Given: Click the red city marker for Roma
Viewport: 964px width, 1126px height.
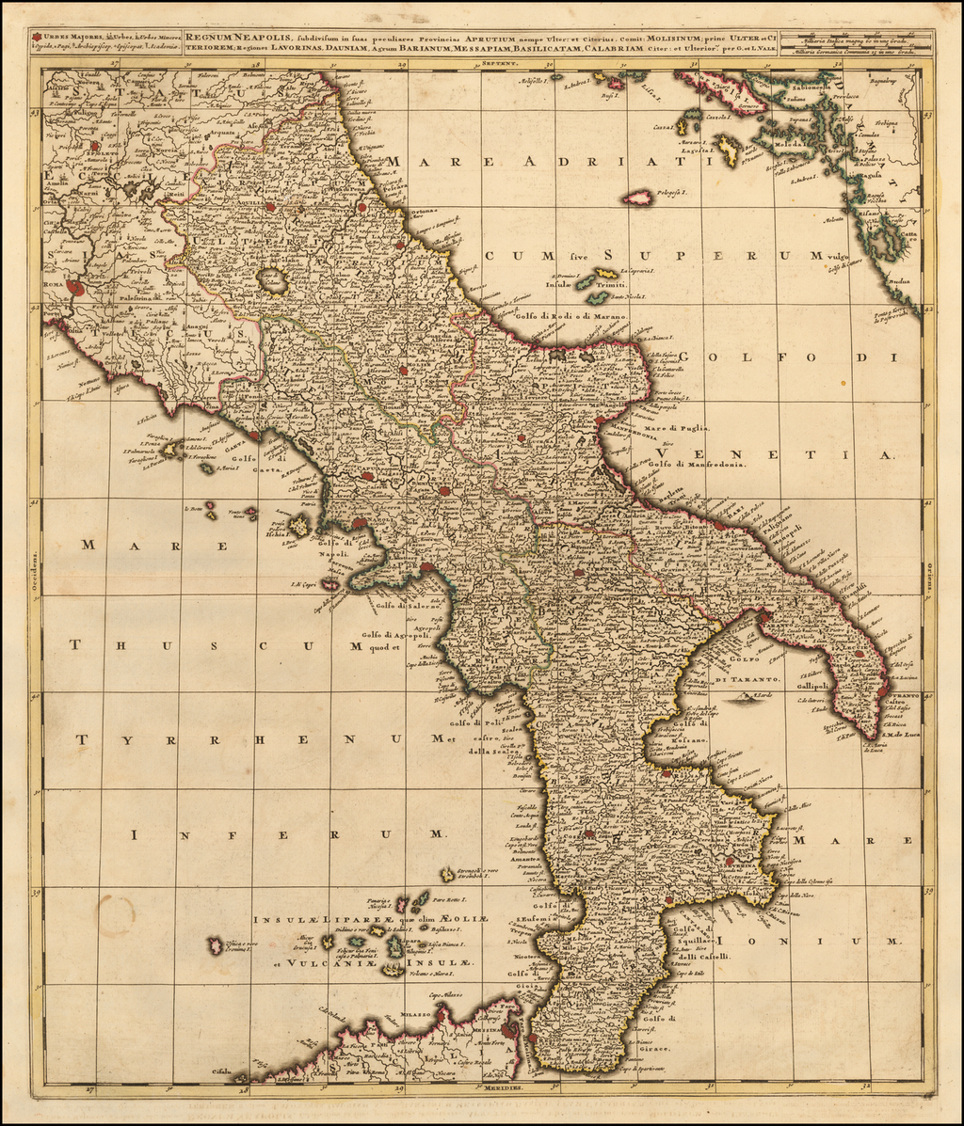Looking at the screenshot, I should pos(75,289).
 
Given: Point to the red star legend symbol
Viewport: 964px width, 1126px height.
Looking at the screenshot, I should pos(37,38).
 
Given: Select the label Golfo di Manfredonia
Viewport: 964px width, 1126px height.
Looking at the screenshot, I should pos(697,464).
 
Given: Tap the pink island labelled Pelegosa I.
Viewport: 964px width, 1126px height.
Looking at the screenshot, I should pos(638,198).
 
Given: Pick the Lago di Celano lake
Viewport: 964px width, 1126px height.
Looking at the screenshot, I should pos(274,279).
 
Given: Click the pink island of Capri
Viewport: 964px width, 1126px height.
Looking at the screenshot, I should pos(330,584).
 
